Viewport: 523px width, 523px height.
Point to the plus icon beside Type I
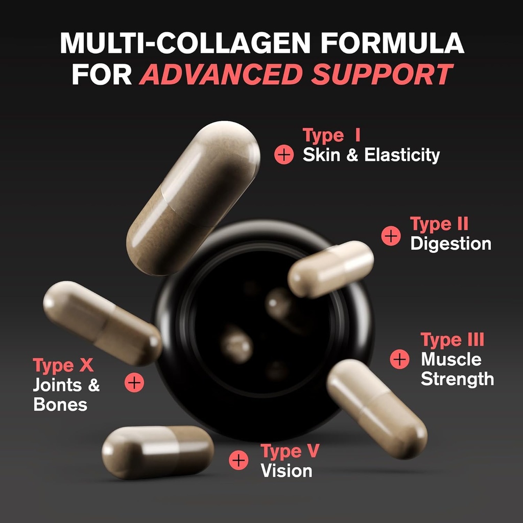(x=284, y=155)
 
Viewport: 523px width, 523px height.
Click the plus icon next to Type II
(x=391, y=236)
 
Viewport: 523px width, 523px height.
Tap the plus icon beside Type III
(x=399, y=359)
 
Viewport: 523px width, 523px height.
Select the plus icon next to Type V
(x=239, y=460)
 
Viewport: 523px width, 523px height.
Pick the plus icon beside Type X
(x=134, y=382)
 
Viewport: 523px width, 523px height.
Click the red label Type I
(x=331, y=136)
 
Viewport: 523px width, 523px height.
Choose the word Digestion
(x=450, y=244)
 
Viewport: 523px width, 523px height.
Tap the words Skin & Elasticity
(x=371, y=155)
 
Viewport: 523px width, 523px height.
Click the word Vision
(x=286, y=470)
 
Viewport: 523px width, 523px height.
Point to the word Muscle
(x=451, y=360)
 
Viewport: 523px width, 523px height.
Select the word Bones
(x=60, y=405)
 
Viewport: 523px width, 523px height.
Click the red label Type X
(x=63, y=366)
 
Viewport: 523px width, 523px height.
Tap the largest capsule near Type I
(x=193, y=198)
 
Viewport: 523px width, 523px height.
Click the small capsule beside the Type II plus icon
(x=330, y=269)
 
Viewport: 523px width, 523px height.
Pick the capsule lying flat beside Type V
(x=158, y=451)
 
